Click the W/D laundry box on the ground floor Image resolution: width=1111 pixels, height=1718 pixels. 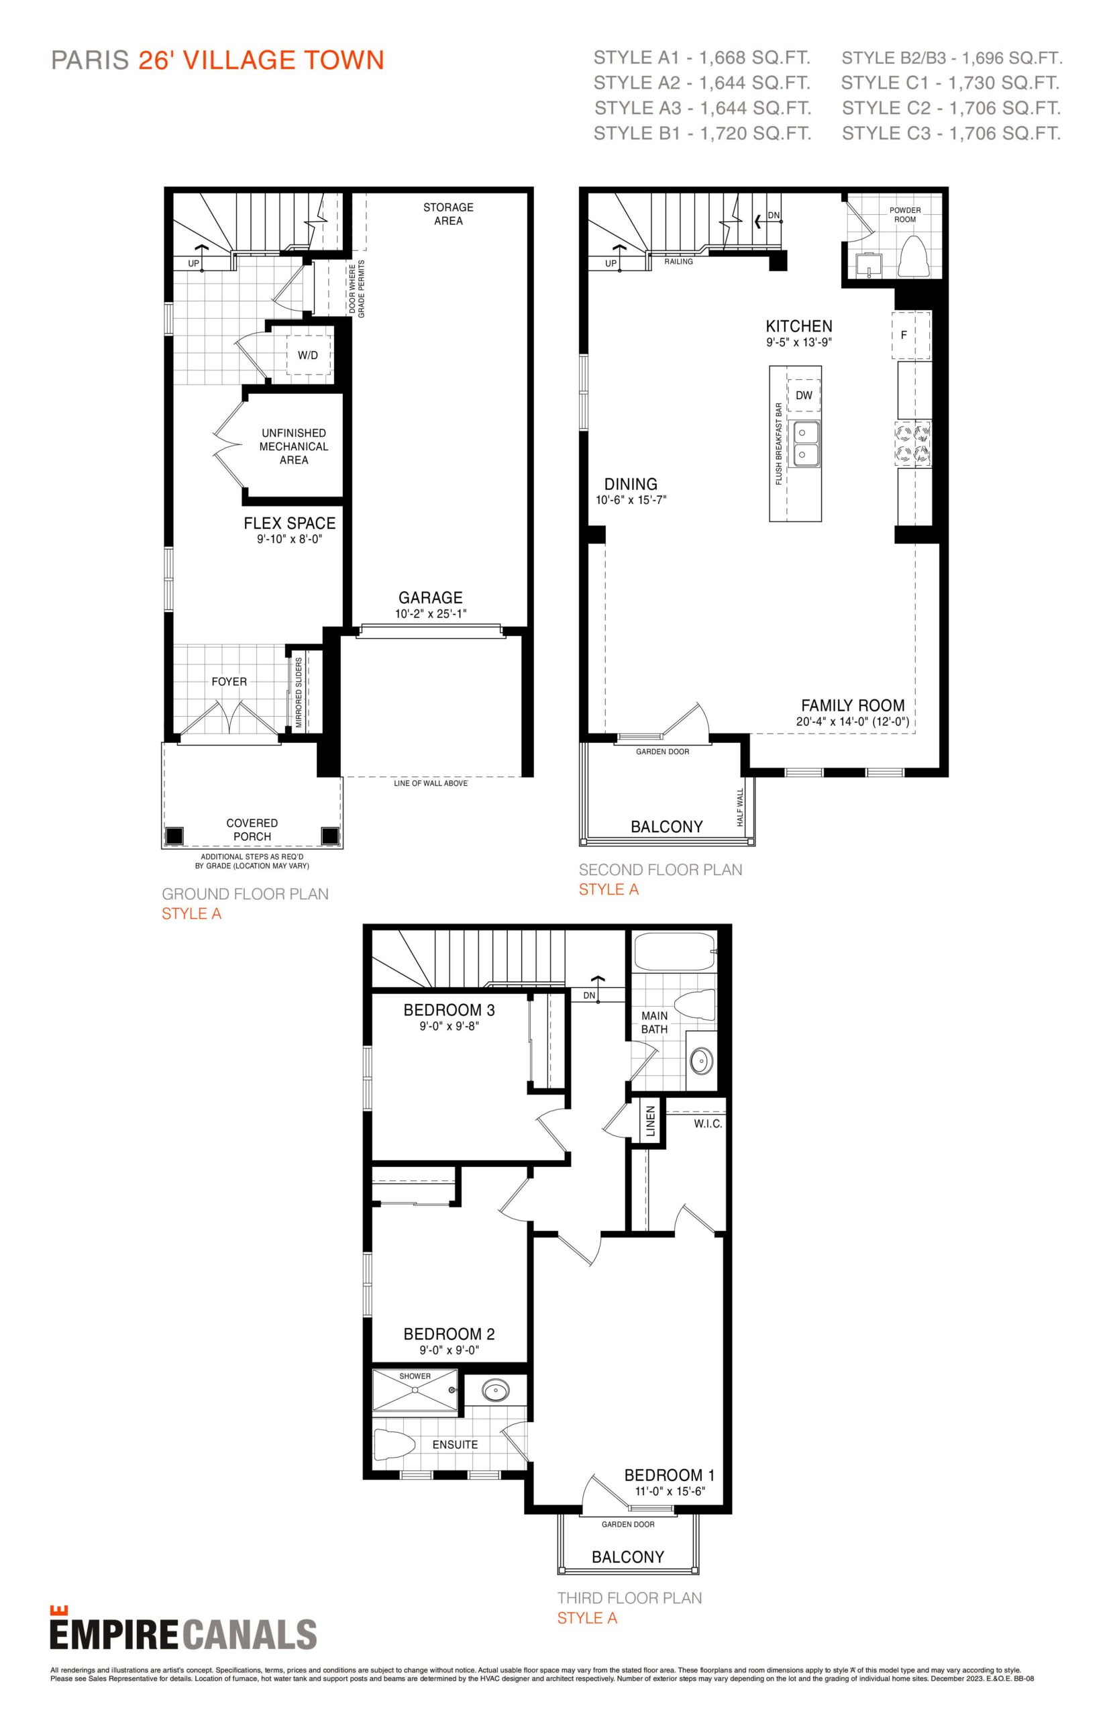point(308,354)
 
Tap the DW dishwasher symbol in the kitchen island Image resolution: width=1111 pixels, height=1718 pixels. point(804,395)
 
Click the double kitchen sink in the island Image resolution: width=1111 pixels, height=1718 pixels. point(804,444)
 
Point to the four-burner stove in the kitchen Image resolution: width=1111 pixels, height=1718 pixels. point(912,444)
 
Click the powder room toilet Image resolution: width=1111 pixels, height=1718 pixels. point(916,256)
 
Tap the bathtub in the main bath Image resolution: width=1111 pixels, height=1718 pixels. point(674,953)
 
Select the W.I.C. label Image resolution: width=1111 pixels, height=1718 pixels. point(708,1124)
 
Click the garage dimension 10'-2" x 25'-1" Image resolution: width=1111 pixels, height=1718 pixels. point(431,614)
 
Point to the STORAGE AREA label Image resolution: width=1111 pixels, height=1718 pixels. point(448,213)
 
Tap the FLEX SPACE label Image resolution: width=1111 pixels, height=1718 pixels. point(289,523)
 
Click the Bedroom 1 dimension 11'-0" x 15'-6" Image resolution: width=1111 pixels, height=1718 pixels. point(669,1491)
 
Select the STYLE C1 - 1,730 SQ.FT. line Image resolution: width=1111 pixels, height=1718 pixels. point(950,83)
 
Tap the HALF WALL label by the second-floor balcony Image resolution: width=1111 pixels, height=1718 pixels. point(740,808)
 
